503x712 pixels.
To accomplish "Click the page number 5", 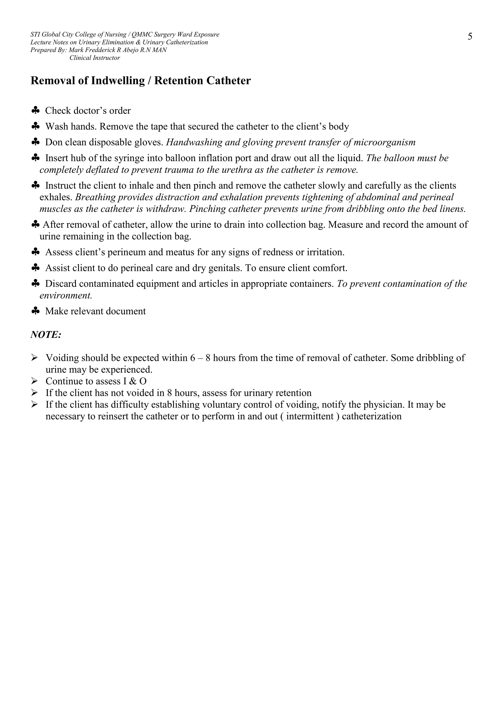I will pyautogui.click(x=470, y=37).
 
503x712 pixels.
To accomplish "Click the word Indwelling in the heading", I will pyautogui.click(x=118, y=81).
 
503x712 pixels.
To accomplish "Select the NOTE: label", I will pyautogui.click(x=46, y=335).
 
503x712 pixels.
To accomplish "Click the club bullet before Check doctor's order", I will pyautogui.click(x=36, y=110).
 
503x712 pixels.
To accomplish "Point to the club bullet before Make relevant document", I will pyautogui.click(x=36, y=311).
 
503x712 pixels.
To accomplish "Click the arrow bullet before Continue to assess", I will pyautogui.click(x=34, y=381).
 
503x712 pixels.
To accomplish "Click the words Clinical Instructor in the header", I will pyautogui.click(x=95, y=58).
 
